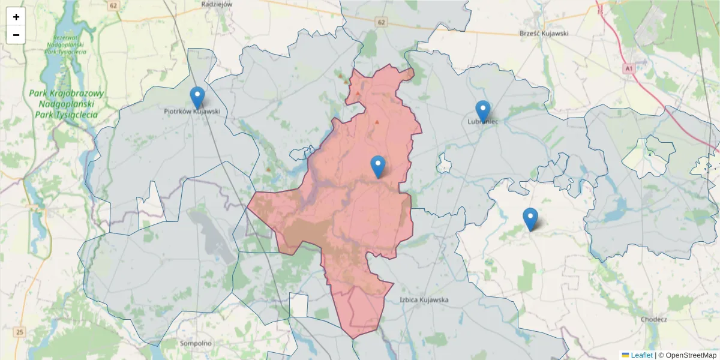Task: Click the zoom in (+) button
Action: pos(16,17)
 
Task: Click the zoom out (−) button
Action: pos(16,35)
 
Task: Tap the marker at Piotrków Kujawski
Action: pos(197,98)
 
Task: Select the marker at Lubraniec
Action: pos(482,111)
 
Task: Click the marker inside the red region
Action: pos(378,166)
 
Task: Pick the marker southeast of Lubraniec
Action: pos(530,219)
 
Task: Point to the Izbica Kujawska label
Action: pos(424,299)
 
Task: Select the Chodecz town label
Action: pos(654,319)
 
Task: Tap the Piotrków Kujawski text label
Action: pos(192,112)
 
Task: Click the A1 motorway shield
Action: pos(628,69)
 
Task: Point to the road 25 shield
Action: pos(20,331)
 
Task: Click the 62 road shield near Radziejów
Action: pos(113,5)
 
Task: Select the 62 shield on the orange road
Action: pos(382,22)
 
